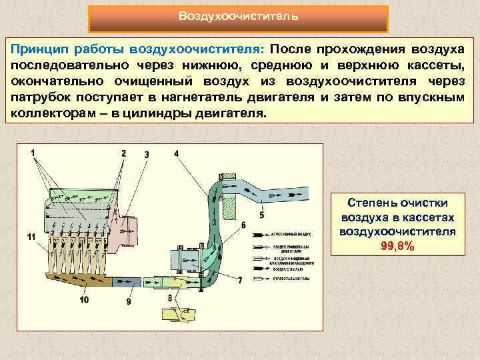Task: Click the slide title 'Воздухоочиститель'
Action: [238, 16]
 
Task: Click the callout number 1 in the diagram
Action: [32, 153]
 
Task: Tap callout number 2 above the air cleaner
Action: [123, 153]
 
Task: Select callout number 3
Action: [147, 155]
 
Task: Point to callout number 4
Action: [177, 153]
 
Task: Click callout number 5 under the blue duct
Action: [261, 215]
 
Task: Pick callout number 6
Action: [244, 225]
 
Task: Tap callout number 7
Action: [239, 281]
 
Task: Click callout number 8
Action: [170, 297]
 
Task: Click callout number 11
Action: [31, 237]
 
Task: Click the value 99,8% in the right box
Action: [397, 247]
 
